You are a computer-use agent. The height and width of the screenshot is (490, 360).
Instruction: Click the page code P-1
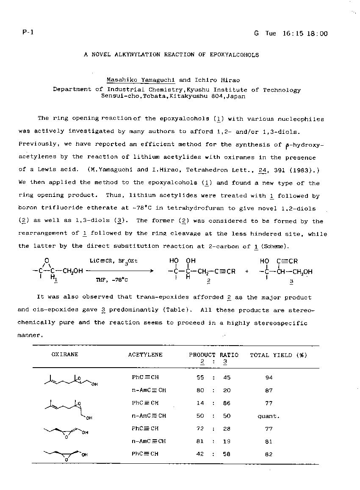tap(28, 33)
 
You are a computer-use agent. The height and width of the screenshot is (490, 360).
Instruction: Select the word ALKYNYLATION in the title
tap(136, 55)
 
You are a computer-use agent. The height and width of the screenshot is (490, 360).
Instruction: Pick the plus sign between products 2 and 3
tap(246, 271)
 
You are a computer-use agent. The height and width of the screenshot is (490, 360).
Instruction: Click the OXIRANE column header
tap(65, 355)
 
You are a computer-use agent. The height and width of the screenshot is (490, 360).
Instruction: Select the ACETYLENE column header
tap(145, 355)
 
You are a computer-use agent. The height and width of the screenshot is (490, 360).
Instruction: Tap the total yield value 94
tap(269, 377)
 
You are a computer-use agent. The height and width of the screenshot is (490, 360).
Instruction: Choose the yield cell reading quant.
tap(269, 416)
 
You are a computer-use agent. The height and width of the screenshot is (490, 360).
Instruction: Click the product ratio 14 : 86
tap(213, 403)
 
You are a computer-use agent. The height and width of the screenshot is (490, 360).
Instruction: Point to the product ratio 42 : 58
tap(213, 454)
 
